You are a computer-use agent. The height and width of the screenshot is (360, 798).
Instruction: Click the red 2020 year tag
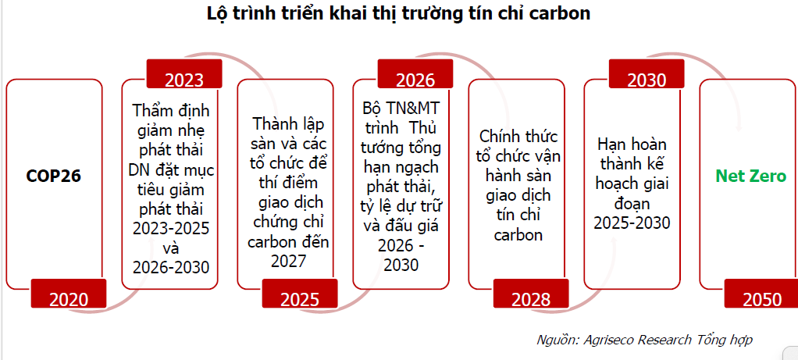coord(69,294)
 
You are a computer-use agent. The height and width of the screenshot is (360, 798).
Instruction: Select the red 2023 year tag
coord(184,74)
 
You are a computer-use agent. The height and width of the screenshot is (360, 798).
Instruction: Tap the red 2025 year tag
coord(300,294)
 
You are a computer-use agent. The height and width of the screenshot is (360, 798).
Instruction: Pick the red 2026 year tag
coord(415,74)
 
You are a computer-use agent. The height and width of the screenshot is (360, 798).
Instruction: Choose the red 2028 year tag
coord(531,294)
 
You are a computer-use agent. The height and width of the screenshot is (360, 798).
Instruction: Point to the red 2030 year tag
coord(647,74)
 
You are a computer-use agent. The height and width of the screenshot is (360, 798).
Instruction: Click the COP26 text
coord(54,176)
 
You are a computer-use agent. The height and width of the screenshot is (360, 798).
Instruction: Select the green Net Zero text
coord(750,176)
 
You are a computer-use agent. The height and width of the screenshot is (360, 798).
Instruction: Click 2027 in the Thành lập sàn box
coord(289,261)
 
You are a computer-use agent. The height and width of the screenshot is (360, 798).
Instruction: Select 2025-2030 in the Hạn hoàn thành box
coord(632,223)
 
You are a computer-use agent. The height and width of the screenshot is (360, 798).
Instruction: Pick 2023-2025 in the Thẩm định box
coord(170,228)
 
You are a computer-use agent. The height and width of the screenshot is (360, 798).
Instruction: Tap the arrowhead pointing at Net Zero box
coord(739,128)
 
